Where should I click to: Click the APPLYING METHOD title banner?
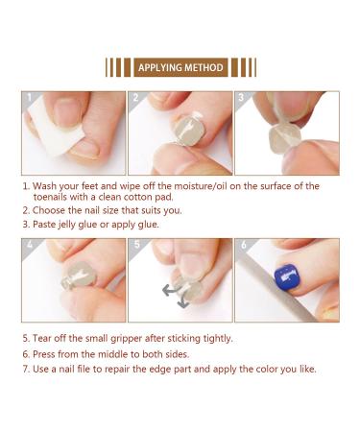[180, 68]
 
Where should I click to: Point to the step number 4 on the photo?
[29, 246]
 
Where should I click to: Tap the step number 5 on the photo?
[136, 246]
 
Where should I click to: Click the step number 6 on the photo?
[242, 246]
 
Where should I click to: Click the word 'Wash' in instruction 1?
[50, 186]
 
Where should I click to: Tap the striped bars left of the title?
[118, 68]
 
